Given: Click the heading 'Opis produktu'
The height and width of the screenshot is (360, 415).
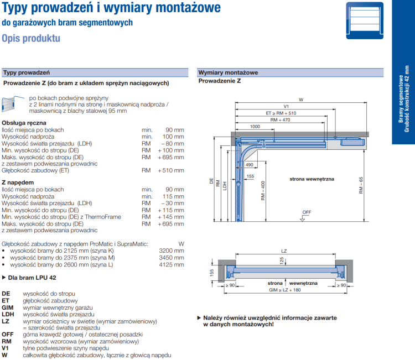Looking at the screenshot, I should pos(31,39).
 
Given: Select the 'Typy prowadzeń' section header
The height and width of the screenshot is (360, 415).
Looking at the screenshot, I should pos(27,72).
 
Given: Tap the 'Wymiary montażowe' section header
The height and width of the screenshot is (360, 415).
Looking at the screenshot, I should pos(228,72).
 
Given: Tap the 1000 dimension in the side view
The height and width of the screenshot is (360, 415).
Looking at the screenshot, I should pos(255,127).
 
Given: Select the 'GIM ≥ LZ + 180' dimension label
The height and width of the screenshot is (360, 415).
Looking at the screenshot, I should pos(286,290).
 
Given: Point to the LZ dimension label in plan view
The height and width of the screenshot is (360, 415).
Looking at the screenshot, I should pos(284,252).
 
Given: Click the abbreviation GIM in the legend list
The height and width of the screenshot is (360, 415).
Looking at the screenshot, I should pos(8,307).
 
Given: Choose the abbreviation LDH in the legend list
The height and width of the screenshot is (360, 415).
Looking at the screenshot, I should pos(8,314).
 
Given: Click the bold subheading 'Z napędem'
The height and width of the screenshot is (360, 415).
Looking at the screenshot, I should pos(16,182).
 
